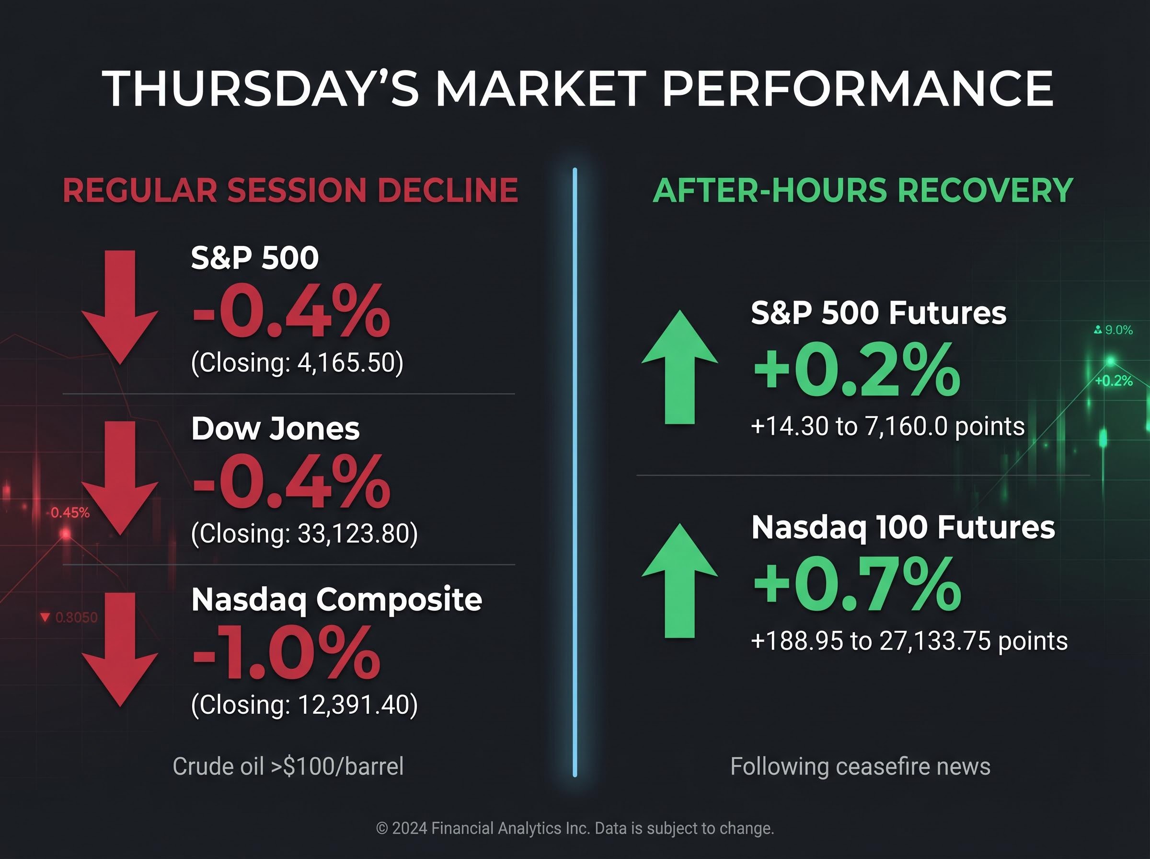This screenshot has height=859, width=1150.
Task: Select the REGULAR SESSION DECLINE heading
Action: tap(290, 190)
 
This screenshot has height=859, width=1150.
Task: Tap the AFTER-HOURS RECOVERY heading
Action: tap(862, 190)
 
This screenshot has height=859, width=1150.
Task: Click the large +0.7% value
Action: tap(857, 583)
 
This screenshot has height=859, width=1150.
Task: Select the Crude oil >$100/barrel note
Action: tap(288, 766)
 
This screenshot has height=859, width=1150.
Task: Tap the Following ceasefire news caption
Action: tap(860, 766)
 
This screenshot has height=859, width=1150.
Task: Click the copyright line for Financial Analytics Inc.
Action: tap(575, 828)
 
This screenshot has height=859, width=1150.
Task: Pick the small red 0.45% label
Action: tap(70, 513)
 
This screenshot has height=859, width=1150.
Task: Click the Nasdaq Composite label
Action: tap(336, 600)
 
